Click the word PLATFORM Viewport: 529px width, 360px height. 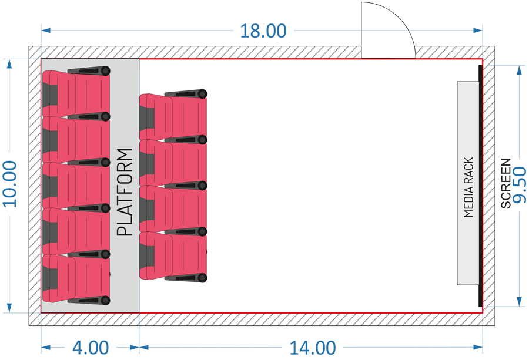tap(125, 192)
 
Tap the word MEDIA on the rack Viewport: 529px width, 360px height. tap(468, 202)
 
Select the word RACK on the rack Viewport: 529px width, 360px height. tap(468, 170)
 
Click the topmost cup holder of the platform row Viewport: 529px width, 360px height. tap(105, 71)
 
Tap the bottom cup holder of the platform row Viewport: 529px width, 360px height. tap(105, 300)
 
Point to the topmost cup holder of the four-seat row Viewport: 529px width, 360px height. tap(202, 93)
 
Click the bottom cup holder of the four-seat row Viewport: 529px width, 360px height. tap(202, 277)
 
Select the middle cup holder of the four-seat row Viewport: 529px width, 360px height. tap(202, 186)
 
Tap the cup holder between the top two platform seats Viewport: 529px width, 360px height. tap(105, 117)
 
